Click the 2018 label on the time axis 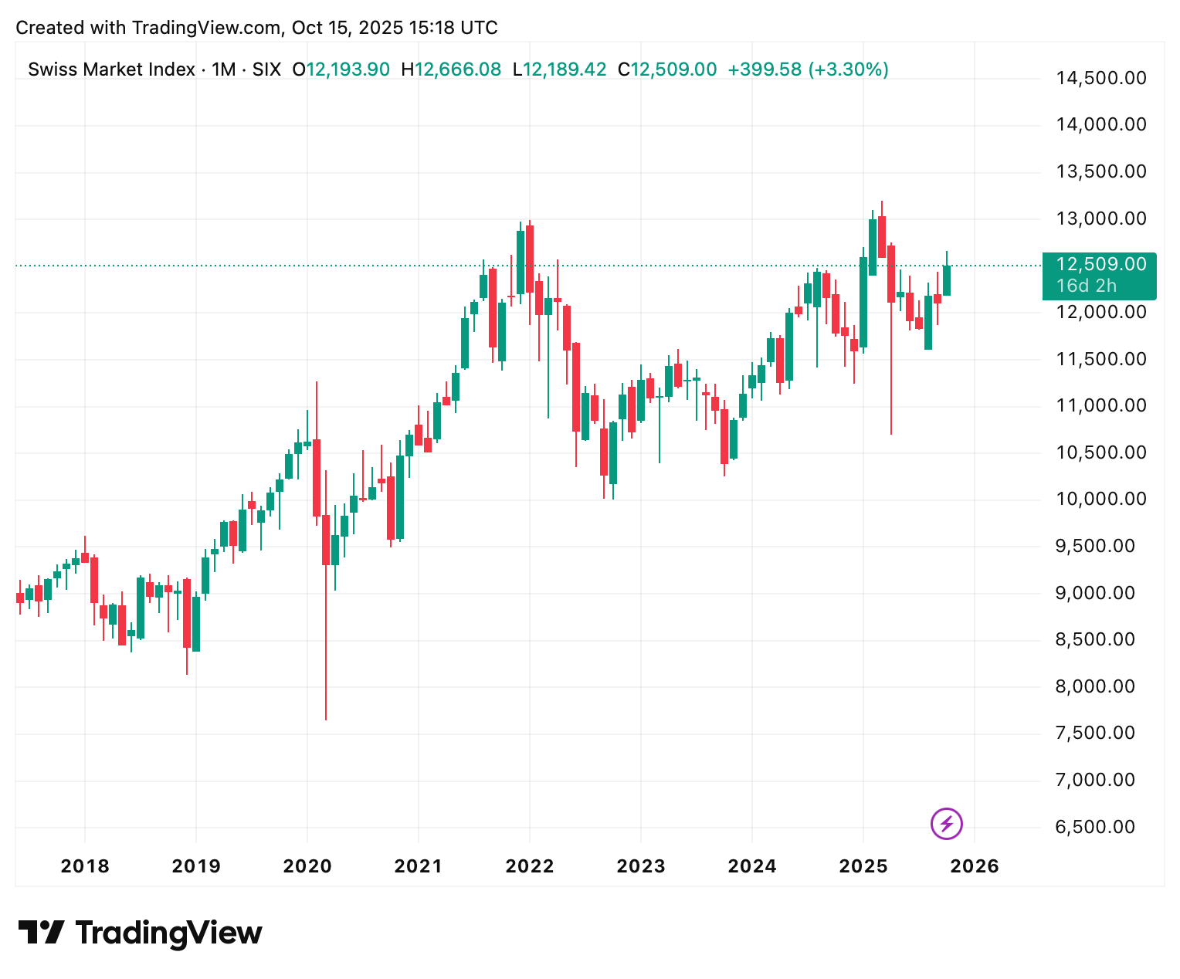click(x=85, y=866)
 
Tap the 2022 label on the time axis click(x=530, y=866)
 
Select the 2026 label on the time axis click(x=975, y=866)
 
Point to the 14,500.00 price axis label click(x=1101, y=78)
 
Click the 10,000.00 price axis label click(x=1101, y=499)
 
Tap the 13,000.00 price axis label click(x=1101, y=218)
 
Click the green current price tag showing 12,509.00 click(x=1099, y=275)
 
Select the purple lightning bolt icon click(x=947, y=823)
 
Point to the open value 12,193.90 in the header click(x=348, y=69)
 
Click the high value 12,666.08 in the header click(x=458, y=69)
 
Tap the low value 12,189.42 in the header click(x=565, y=69)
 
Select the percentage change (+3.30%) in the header click(x=848, y=69)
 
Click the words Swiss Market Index click(x=111, y=69)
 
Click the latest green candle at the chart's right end click(x=947, y=279)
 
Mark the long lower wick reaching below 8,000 click(x=326, y=656)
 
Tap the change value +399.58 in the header click(x=765, y=69)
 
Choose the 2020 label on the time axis click(x=307, y=866)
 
